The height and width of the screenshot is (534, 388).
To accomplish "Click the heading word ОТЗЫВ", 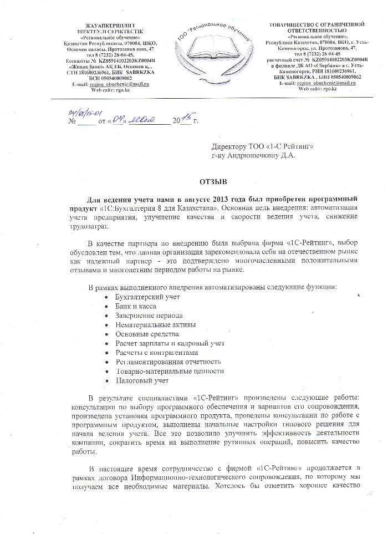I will tap(213, 181).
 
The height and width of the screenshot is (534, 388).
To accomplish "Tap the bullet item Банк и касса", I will tap(135, 307).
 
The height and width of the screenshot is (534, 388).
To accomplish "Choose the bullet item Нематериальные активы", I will tap(152, 325).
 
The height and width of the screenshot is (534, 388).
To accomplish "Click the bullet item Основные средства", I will tap(147, 334).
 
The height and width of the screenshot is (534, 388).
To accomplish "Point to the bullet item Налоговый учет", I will tap(141, 380).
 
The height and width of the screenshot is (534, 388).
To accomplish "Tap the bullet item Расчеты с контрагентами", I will tap(156, 353).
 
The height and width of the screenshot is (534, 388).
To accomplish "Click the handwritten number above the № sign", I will tap(80, 111).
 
